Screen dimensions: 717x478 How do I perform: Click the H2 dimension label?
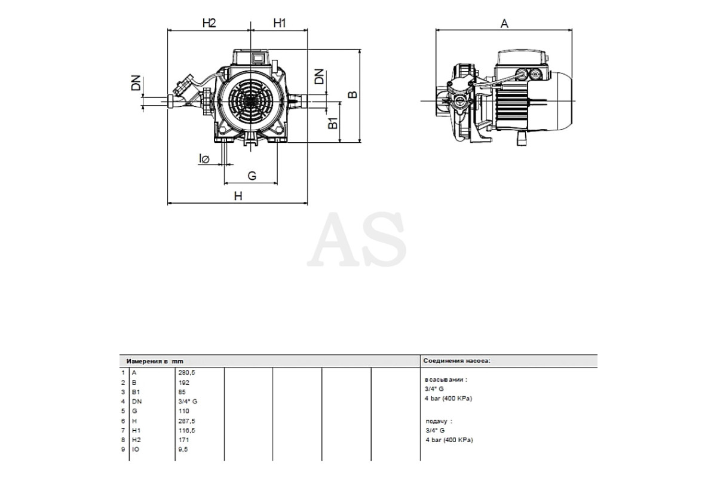tap(209, 23)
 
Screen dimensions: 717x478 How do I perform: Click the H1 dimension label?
tap(280, 23)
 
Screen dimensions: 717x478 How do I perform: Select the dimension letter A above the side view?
tap(504, 23)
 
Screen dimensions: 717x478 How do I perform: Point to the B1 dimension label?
tap(333, 123)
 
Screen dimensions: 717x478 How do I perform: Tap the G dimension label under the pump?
tap(252, 176)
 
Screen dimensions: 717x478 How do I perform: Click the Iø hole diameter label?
tap(204, 158)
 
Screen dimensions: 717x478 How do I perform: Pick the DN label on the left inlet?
tap(136, 82)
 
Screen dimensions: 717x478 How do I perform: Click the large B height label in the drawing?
tap(353, 94)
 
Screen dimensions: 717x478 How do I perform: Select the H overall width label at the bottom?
tap(238, 196)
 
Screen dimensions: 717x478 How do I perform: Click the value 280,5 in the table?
tap(186, 373)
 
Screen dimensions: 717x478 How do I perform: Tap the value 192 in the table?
tap(184, 382)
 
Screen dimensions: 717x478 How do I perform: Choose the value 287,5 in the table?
tap(186, 421)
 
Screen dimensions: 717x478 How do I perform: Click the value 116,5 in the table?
tap(186, 431)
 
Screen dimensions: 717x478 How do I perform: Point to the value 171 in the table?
tap(183, 440)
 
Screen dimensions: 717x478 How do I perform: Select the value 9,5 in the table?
tap(183, 449)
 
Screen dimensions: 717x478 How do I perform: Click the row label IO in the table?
tap(136, 449)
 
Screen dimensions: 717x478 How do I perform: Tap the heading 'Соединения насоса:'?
tap(456, 361)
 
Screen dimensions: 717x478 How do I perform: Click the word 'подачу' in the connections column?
tap(436, 421)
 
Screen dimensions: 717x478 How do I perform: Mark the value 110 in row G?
tap(184, 411)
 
